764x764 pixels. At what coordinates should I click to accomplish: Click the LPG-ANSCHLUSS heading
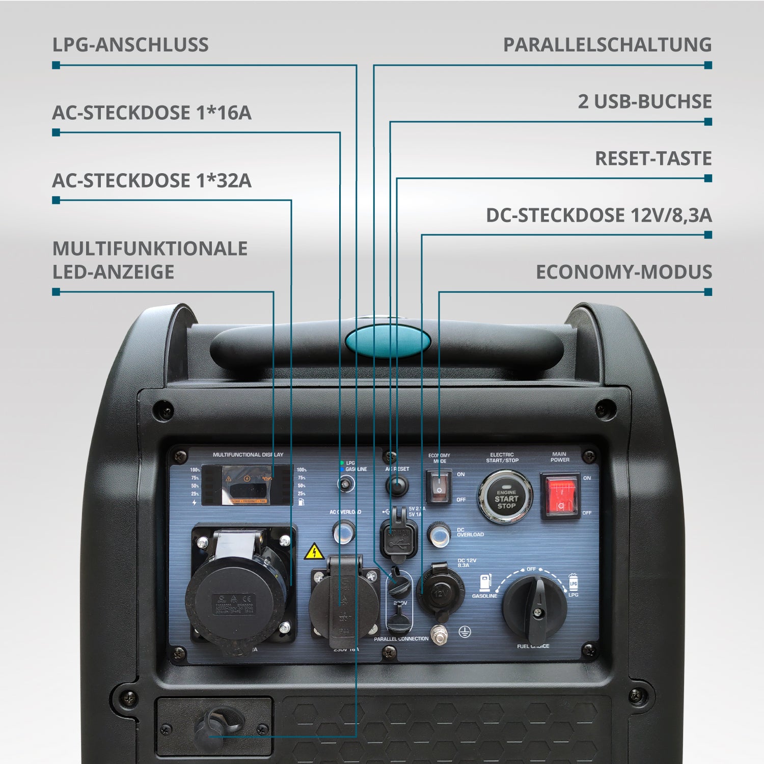[130, 45]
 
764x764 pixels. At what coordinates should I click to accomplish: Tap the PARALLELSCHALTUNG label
[607, 45]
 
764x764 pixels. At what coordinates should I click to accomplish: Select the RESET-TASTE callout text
[653, 158]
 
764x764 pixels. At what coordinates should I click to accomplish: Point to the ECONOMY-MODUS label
[623, 272]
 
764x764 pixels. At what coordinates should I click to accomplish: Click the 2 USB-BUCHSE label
[644, 102]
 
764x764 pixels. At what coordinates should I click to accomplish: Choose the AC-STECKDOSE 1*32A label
[152, 181]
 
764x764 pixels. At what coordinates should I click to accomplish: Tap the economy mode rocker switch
[438, 486]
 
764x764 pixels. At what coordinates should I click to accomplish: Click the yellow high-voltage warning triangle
[314, 552]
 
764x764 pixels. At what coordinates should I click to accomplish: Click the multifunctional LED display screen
[248, 485]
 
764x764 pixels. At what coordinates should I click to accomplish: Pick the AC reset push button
[397, 485]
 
